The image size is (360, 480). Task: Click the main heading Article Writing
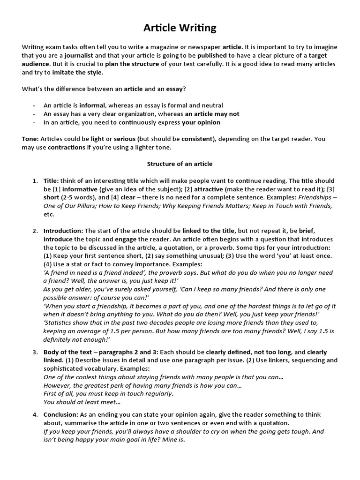click(x=180, y=28)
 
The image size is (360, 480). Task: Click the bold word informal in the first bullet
click(x=105, y=105)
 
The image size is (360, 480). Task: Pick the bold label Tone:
click(x=30, y=139)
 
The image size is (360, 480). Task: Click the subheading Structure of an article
click(x=180, y=164)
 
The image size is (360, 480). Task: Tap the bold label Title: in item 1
click(x=51, y=181)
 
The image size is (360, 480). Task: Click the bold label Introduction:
click(x=63, y=231)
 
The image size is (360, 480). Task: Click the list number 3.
click(x=35, y=352)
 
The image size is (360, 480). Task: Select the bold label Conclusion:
click(x=61, y=415)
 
